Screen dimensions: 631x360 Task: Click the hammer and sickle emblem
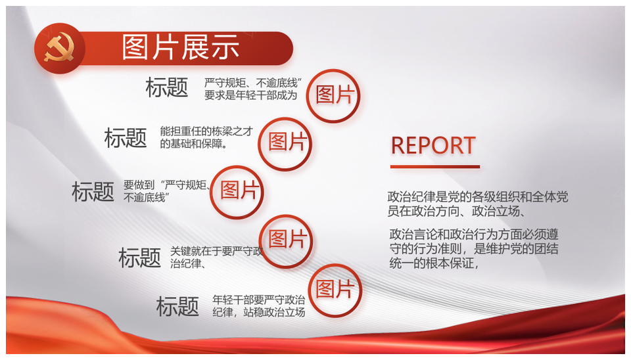pyautogui.click(x=59, y=49)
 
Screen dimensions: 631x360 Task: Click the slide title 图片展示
pyautogui.click(x=181, y=48)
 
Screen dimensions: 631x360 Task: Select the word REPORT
pyautogui.click(x=433, y=145)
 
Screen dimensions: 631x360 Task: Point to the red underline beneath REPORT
pyautogui.click(x=435, y=166)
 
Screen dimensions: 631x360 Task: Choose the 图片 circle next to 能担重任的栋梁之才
pyautogui.click(x=285, y=144)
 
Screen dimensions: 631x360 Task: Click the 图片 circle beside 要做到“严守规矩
pyautogui.click(x=237, y=192)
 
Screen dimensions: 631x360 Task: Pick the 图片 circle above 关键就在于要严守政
pyautogui.click(x=285, y=241)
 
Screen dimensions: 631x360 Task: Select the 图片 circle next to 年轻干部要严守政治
pyautogui.click(x=335, y=290)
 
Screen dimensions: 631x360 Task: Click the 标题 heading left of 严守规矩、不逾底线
pyautogui.click(x=166, y=87)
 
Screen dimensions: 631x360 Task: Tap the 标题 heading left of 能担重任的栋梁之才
pyautogui.click(x=126, y=137)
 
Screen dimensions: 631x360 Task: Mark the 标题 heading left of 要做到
pyautogui.click(x=93, y=191)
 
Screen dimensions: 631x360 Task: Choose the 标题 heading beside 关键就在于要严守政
pyautogui.click(x=139, y=258)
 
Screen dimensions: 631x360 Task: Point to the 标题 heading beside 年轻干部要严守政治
pyautogui.click(x=177, y=306)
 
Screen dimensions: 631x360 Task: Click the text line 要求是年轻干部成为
pyautogui.click(x=250, y=95)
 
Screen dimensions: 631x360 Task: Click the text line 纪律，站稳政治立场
pyautogui.click(x=259, y=312)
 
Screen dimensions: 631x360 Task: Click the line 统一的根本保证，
pyautogui.click(x=434, y=263)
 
